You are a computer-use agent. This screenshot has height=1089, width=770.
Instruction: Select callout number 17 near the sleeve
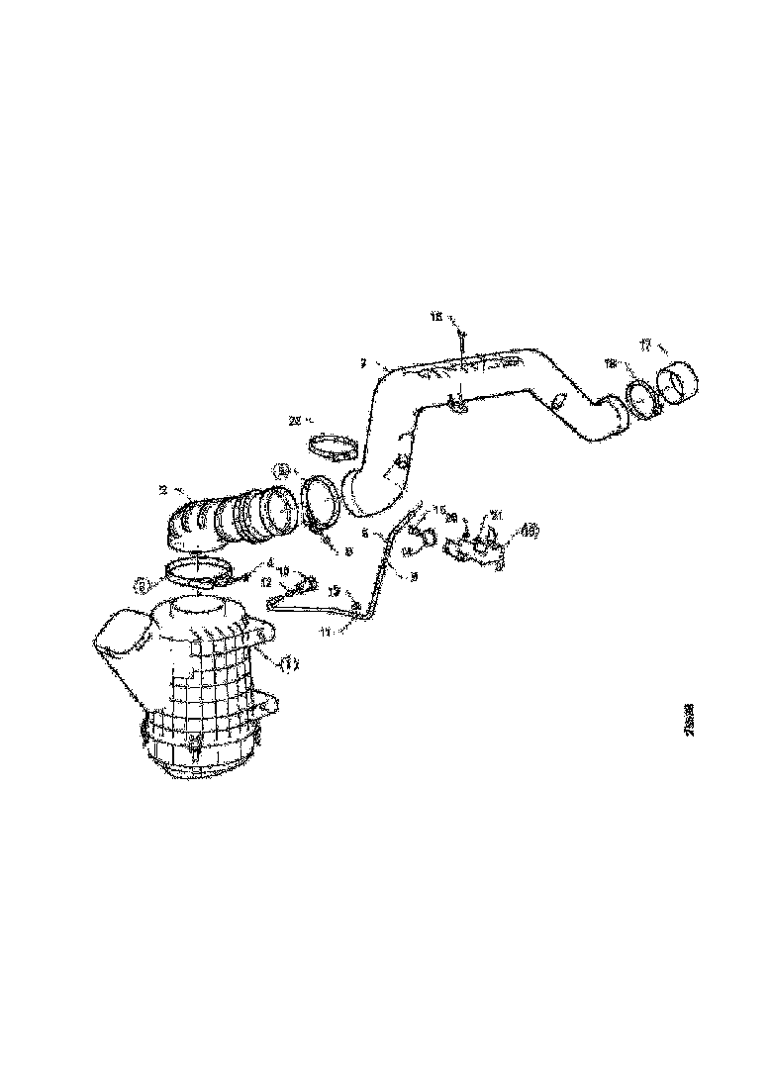(x=644, y=346)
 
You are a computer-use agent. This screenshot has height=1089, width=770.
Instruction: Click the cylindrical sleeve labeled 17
(x=680, y=382)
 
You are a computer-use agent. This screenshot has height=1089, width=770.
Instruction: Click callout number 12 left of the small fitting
(x=266, y=584)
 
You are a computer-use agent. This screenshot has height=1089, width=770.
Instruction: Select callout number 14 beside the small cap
(x=406, y=550)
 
